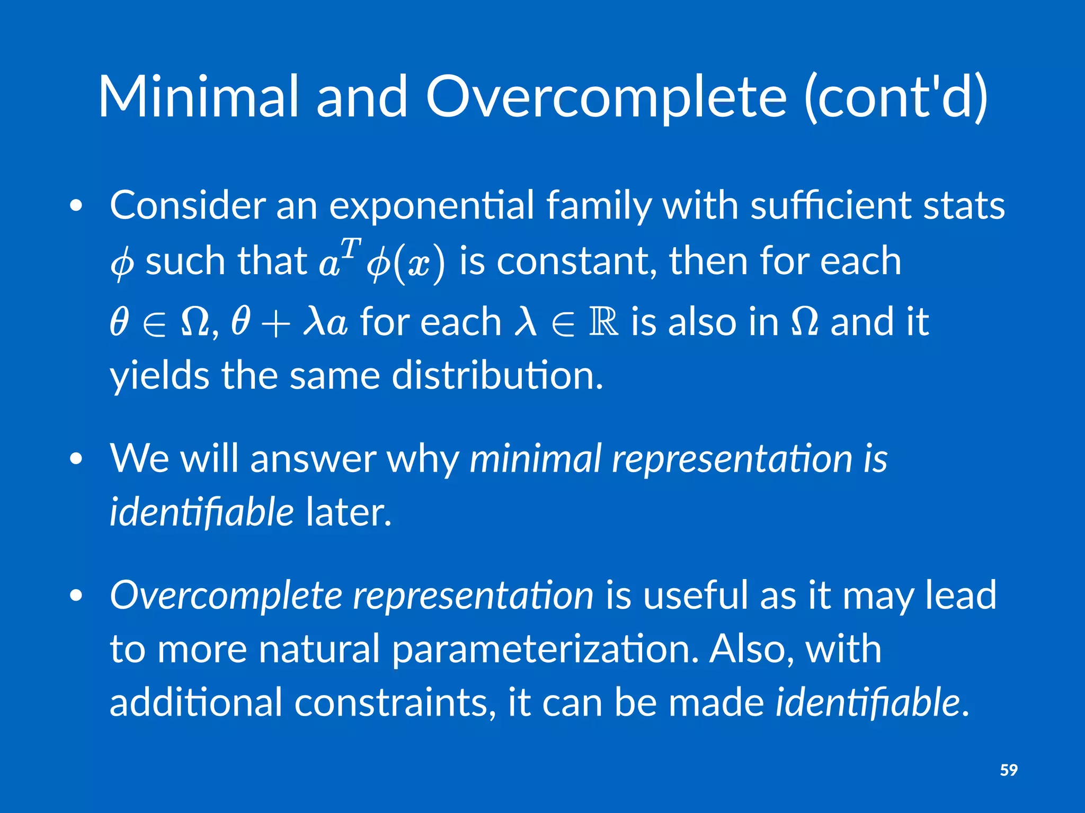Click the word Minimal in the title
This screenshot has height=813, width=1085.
[199, 96]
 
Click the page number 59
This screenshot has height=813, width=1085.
[1008, 770]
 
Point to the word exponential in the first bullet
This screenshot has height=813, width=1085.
[431, 206]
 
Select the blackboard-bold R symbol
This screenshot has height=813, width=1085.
[603, 321]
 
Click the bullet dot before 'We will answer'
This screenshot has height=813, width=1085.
[76, 459]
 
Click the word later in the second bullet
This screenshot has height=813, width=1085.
[348, 512]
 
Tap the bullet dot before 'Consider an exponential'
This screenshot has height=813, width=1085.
[76, 206]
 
